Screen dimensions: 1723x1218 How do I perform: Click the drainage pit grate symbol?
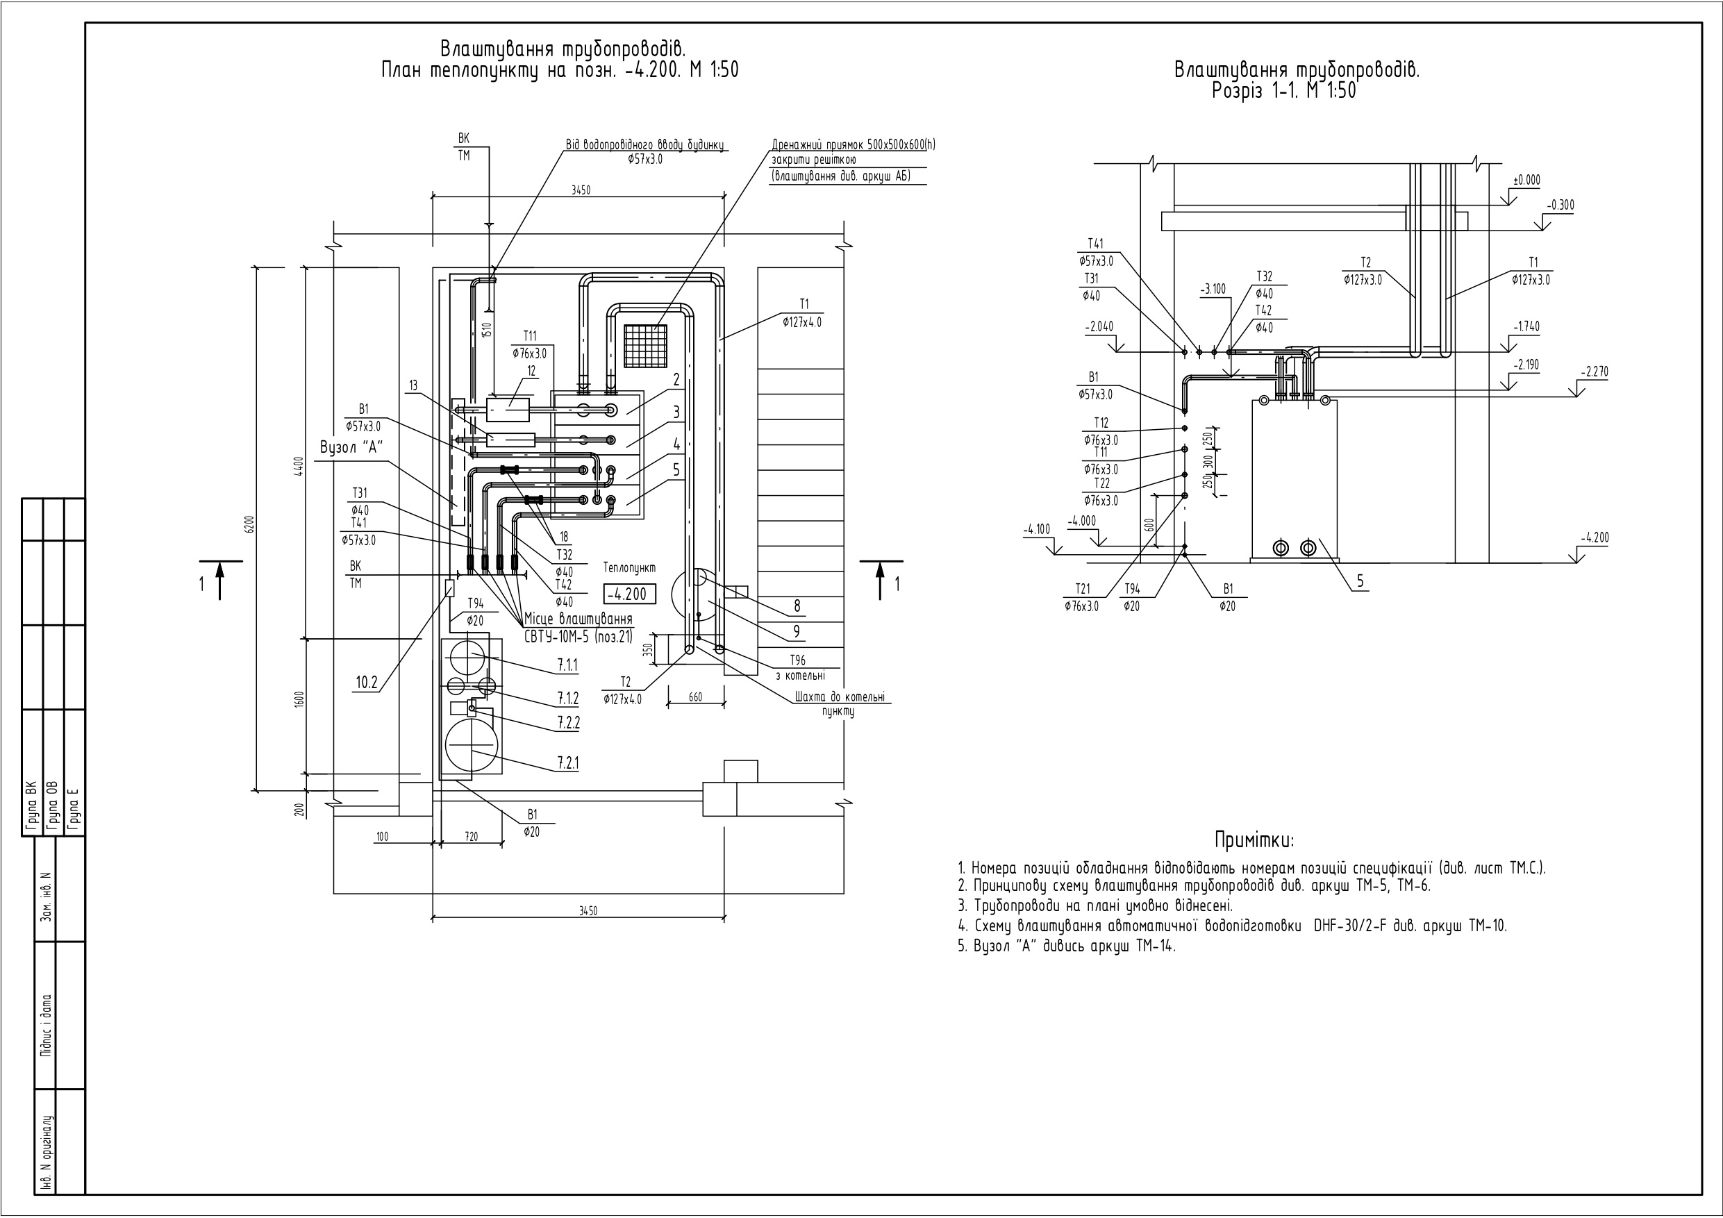click(x=645, y=346)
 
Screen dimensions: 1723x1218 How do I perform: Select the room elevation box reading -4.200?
click(x=630, y=594)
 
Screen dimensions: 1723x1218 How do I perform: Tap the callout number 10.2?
click(x=366, y=682)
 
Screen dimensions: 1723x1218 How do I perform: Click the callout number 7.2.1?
click(x=567, y=763)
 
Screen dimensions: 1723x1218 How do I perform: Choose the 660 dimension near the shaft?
click(x=696, y=697)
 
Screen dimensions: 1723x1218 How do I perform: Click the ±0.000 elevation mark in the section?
click(x=1526, y=180)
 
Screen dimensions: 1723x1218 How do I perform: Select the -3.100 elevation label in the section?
click(x=1213, y=289)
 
